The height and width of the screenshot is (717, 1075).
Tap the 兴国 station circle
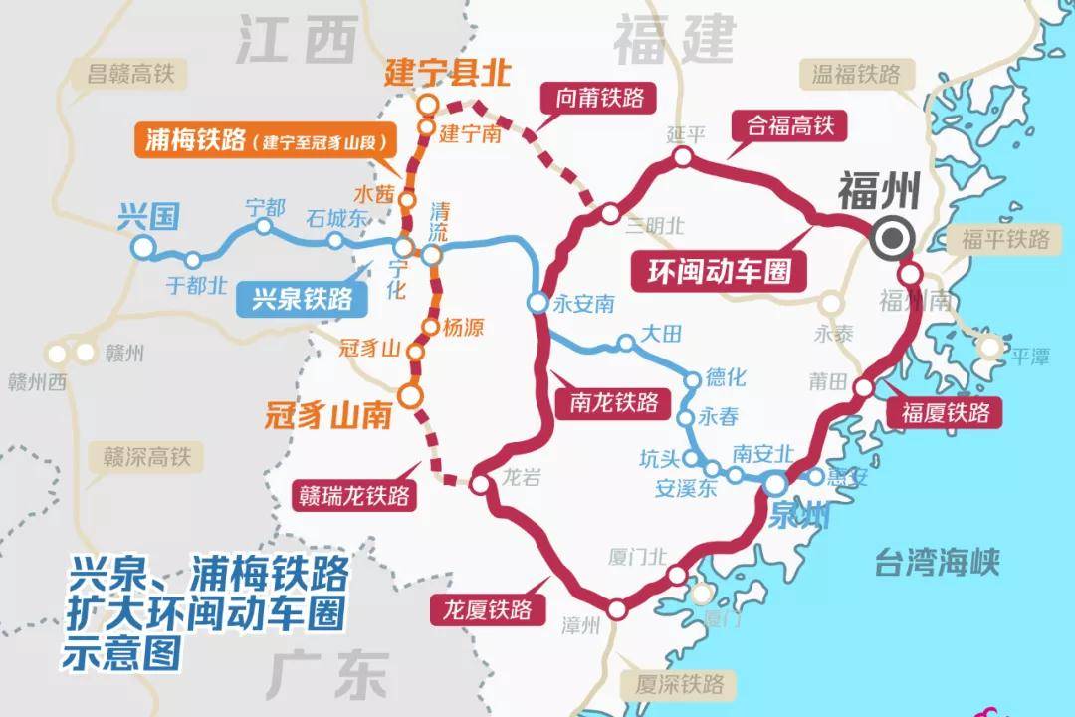point(144,247)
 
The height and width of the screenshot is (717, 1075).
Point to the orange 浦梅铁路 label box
point(261,140)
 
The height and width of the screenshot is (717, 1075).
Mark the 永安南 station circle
point(537,303)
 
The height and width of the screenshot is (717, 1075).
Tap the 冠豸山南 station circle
point(411,396)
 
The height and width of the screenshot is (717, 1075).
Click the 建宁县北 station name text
point(441,72)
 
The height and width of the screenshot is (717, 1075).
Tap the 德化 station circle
point(693,379)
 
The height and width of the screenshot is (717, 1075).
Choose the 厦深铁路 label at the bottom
point(681,684)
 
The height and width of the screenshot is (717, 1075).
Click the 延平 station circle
point(682,156)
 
